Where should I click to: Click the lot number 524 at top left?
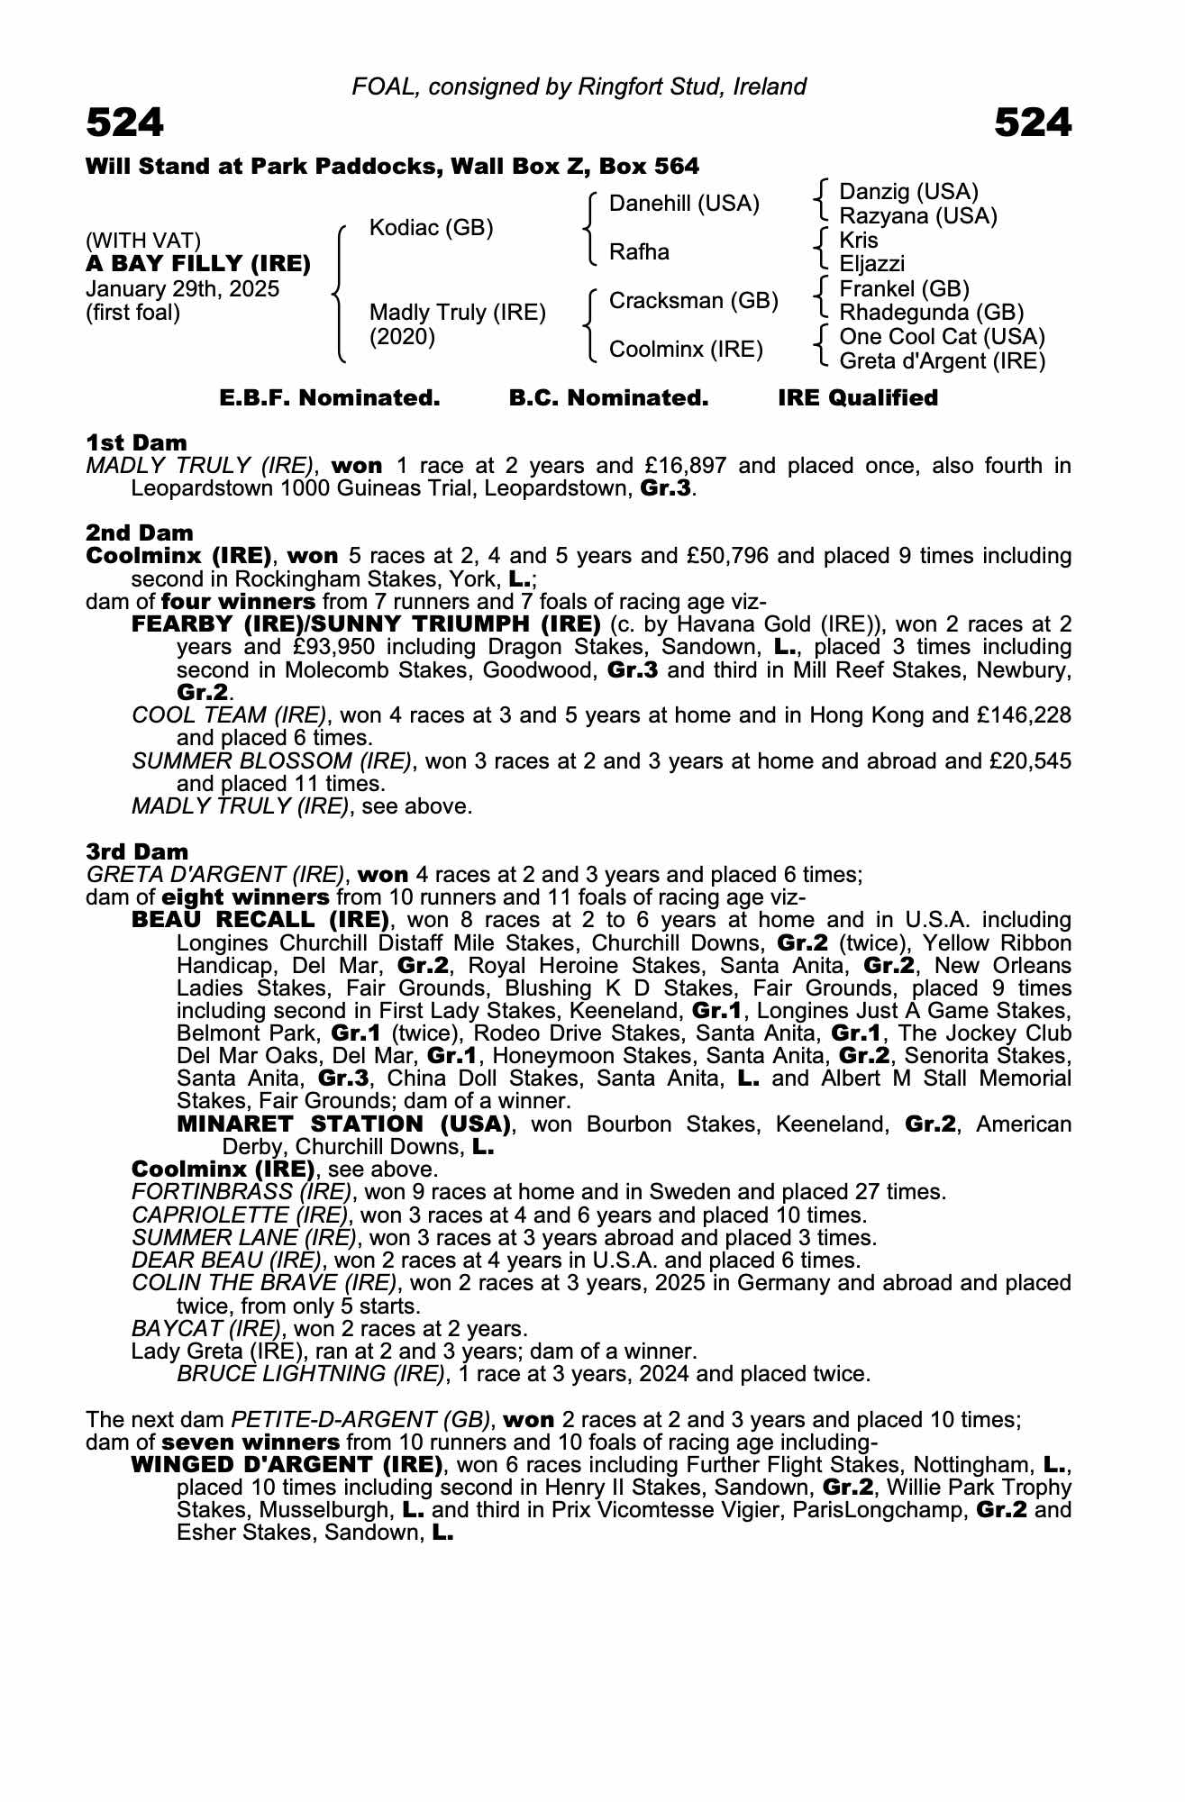tap(124, 123)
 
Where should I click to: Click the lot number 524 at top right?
tap(1033, 123)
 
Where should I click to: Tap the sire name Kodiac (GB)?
tap(431, 228)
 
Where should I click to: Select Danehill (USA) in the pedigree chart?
tap(684, 204)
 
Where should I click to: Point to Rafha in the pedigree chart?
tap(639, 252)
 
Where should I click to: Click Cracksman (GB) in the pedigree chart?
tap(693, 301)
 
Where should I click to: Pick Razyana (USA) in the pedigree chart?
tap(917, 216)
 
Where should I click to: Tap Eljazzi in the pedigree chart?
tap(871, 264)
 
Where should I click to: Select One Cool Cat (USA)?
tap(942, 337)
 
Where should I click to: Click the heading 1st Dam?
tap(136, 442)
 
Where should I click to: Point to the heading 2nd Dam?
tap(139, 532)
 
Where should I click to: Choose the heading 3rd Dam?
tap(137, 851)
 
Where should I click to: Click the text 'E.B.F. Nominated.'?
tap(330, 398)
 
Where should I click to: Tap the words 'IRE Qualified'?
tap(857, 398)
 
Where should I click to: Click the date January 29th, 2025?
tap(182, 289)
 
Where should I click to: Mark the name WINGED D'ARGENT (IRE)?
tap(287, 1464)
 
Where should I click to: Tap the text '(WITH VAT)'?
tap(142, 241)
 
